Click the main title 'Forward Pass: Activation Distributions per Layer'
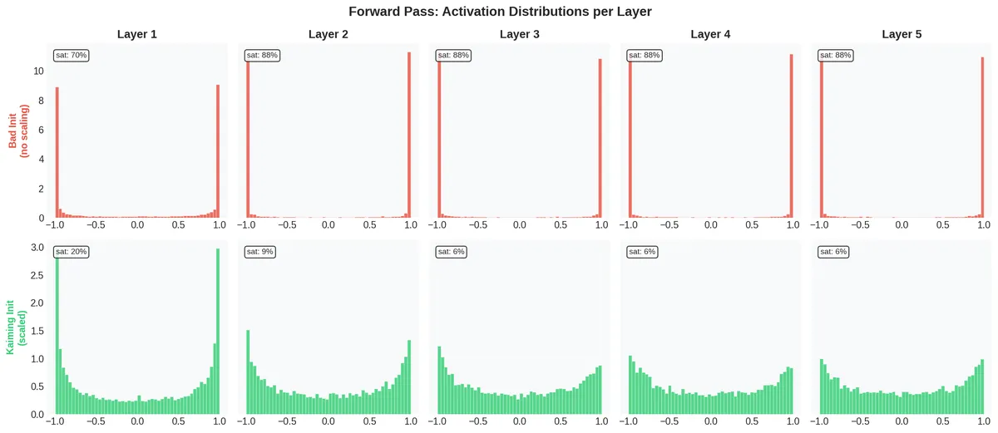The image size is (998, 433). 498,12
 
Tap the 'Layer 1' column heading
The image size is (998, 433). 137,35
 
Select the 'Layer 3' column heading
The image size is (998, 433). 519,35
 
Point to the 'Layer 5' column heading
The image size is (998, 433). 902,35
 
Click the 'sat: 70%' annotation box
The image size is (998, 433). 71,55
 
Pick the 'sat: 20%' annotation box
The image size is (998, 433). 71,251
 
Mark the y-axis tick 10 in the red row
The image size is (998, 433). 38,71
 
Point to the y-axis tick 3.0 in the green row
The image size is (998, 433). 37,248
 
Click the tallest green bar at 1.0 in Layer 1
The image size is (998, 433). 218,332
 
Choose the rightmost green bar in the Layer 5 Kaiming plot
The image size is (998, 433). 982,386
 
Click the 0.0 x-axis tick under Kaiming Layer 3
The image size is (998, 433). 519,422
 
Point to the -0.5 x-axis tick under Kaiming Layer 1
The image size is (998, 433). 96,422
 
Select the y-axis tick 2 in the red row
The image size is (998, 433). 42,189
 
